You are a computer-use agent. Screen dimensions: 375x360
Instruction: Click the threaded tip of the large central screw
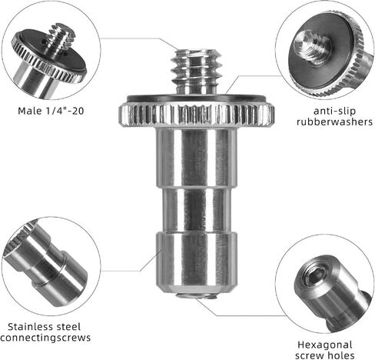(x=196, y=72)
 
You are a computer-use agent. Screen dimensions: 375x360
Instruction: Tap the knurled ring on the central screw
(x=197, y=114)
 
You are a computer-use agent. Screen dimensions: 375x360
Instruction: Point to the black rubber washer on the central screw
(x=197, y=98)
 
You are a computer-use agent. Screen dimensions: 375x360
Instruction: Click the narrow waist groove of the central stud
(x=197, y=209)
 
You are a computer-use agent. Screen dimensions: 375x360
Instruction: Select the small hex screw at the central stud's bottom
(x=197, y=296)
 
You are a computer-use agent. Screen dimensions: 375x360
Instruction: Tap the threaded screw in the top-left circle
(x=61, y=37)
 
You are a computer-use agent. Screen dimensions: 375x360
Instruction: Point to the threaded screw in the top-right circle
(x=312, y=48)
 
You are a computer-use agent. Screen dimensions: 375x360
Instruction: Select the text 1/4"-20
(x=65, y=111)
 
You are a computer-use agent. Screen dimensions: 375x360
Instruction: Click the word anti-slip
(x=334, y=111)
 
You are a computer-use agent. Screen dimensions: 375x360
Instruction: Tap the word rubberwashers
(x=335, y=122)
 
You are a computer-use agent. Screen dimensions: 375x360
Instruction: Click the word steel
(x=68, y=327)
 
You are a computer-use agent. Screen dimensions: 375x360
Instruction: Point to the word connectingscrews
(x=45, y=338)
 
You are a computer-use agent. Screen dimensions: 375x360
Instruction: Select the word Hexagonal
(x=325, y=345)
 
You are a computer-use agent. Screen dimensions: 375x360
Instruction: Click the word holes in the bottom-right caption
(x=340, y=355)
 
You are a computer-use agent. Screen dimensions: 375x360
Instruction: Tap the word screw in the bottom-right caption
(x=309, y=355)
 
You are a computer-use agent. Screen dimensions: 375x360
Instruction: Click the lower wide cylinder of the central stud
(x=197, y=262)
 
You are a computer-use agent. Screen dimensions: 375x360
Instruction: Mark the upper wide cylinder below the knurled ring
(x=197, y=158)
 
